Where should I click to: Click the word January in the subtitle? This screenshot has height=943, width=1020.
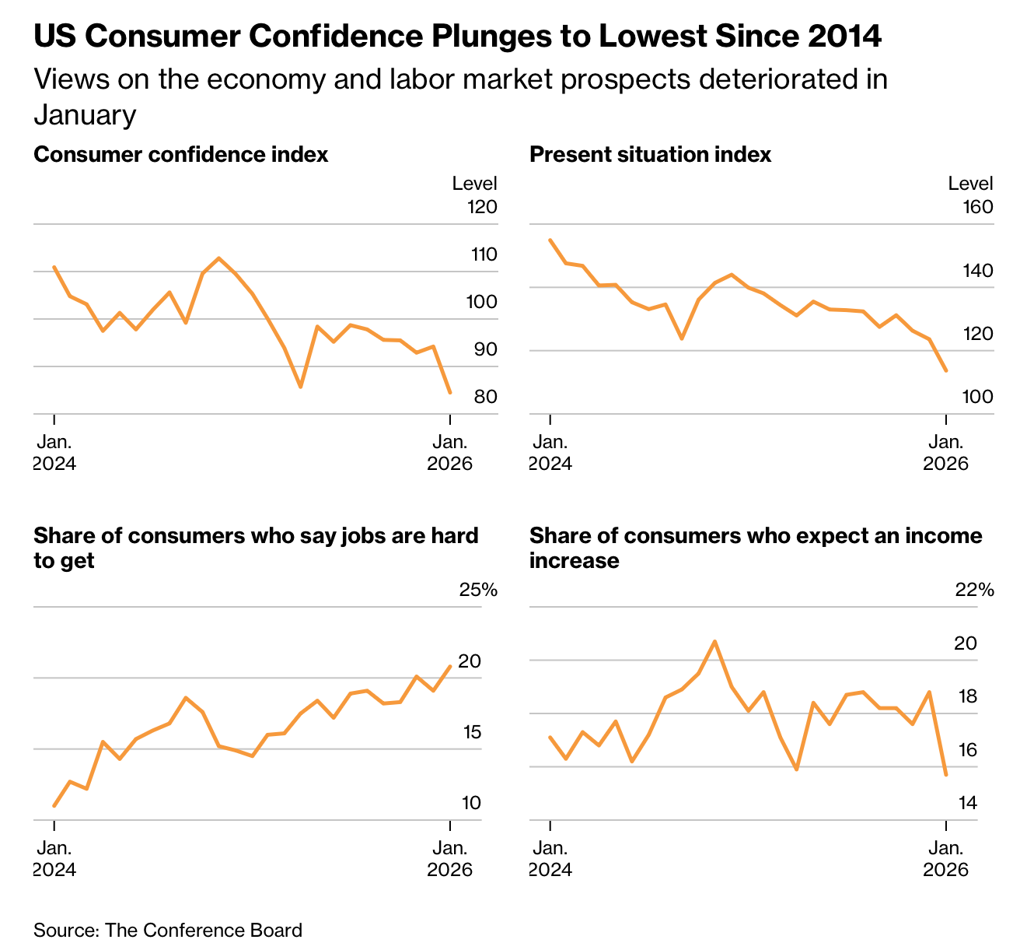point(85,115)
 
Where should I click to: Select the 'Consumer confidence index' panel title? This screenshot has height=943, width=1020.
point(181,155)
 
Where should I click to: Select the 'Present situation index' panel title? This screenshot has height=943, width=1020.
point(650,155)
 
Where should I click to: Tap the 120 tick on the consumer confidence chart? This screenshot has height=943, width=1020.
point(481,207)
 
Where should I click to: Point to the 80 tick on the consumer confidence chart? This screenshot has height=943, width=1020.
point(485,397)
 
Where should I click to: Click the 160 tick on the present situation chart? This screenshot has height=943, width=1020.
point(977,207)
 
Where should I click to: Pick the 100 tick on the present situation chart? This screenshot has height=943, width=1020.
point(977,397)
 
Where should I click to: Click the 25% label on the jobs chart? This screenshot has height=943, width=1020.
point(478,590)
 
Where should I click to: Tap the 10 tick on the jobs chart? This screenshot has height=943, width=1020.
point(471,803)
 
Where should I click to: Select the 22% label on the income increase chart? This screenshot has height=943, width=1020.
point(974,590)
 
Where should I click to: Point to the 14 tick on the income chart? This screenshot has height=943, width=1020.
point(967,803)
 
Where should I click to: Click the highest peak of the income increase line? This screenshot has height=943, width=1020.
point(714,641)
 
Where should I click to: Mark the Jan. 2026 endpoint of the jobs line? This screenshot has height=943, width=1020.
point(450,666)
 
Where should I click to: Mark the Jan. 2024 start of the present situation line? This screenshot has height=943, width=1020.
point(550,240)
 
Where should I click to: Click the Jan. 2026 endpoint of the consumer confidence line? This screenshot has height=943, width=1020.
point(450,392)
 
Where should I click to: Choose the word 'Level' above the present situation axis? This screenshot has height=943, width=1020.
point(970,184)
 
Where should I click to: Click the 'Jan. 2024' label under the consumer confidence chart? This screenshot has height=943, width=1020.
point(54,453)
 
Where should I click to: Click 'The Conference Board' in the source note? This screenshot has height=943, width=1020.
point(203,930)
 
